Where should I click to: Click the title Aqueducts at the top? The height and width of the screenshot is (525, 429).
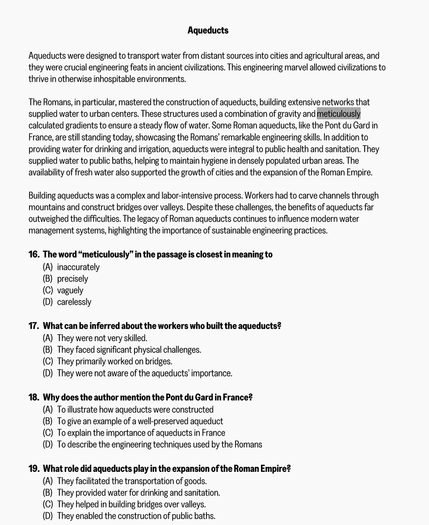[x=208, y=30]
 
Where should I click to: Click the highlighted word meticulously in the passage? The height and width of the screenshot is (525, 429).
[x=338, y=114]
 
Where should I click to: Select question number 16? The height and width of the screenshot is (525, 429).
[x=34, y=255]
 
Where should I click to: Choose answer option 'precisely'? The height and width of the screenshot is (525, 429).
[x=72, y=279]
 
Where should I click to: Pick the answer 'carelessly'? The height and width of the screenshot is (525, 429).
[x=74, y=302]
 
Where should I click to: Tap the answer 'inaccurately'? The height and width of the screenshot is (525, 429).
[x=78, y=267]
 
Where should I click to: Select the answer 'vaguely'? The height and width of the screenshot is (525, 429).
[x=70, y=290]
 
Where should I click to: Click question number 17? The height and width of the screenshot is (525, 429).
[x=34, y=326]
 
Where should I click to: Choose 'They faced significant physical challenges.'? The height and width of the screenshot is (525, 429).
[x=129, y=350]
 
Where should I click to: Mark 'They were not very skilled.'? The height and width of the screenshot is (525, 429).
[x=102, y=338]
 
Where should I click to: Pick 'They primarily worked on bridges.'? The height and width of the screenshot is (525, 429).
[x=114, y=361]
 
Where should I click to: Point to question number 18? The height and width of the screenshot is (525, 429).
[x=34, y=398]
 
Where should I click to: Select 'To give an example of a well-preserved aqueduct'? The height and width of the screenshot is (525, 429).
[x=140, y=421]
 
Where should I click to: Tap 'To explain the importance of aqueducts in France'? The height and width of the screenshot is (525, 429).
[x=141, y=433]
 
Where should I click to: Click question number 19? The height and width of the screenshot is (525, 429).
[x=34, y=469]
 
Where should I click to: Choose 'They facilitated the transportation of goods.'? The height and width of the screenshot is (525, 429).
[x=131, y=481]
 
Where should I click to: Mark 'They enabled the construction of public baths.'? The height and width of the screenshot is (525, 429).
[x=136, y=516]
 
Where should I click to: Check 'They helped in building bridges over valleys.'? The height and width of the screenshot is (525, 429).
[x=131, y=504]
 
